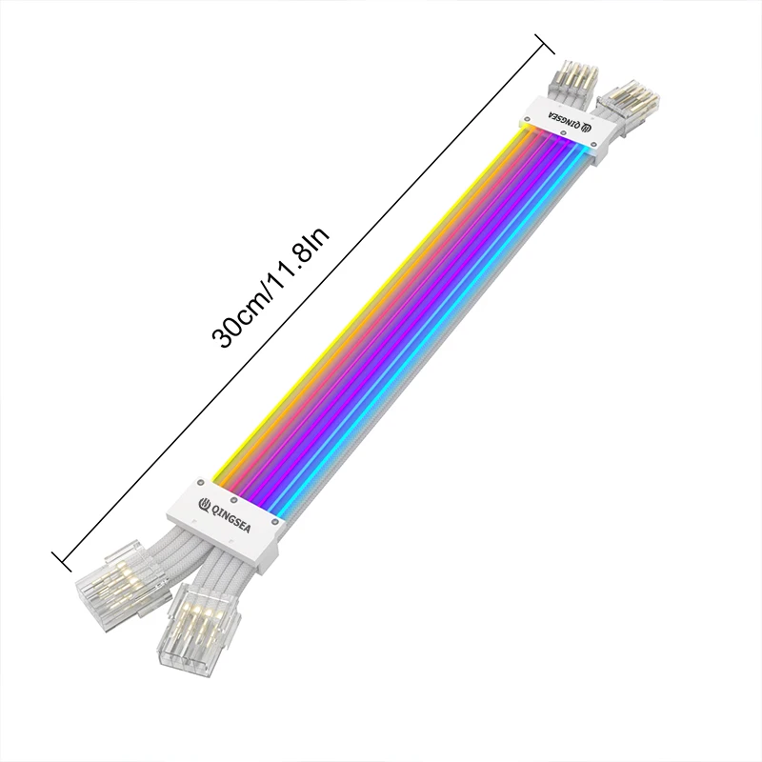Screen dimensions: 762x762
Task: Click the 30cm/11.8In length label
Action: pos(271,286)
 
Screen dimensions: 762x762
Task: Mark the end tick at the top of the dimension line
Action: pos(544,43)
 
